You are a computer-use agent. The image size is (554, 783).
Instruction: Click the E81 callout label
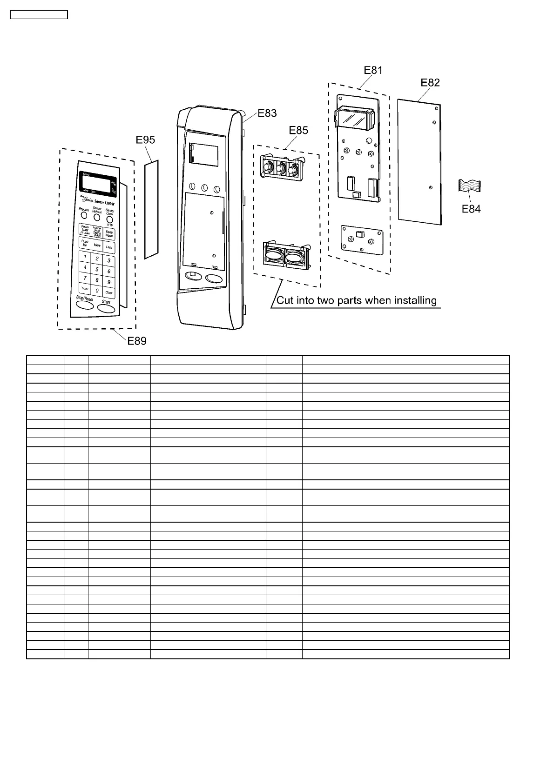[x=373, y=70]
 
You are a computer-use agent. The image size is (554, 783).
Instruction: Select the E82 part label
[x=430, y=82]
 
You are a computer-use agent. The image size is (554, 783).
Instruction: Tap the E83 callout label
[x=267, y=113]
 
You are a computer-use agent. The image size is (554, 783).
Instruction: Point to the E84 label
[x=471, y=209]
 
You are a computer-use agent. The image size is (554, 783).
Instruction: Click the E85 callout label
[x=298, y=130]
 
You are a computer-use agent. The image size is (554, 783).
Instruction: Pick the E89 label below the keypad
[x=137, y=341]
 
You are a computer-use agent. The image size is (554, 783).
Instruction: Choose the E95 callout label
[x=146, y=140]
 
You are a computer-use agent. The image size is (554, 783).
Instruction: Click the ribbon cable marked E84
[x=470, y=186]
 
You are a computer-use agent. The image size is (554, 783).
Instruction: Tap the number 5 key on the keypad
[x=97, y=269]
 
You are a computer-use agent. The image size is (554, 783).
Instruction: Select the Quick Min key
[x=85, y=243]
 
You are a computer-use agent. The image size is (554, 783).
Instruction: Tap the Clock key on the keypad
[x=109, y=293]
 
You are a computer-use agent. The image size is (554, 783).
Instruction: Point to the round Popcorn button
[x=84, y=215]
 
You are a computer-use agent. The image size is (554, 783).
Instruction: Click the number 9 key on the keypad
[x=109, y=282]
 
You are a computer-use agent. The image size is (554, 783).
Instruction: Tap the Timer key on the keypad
[x=84, y=289]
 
